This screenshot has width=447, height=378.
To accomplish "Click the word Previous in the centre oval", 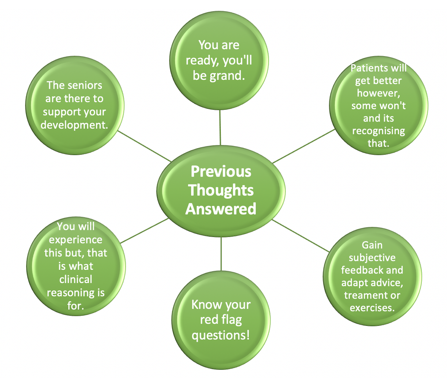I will (221, 171).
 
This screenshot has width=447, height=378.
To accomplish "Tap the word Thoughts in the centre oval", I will (221, 190).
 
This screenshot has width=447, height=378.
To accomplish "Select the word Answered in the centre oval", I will (221, 209).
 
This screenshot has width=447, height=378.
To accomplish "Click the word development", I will (74, 125).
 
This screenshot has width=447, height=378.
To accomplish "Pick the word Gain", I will (372, 245).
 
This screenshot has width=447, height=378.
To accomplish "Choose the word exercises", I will (372, 308).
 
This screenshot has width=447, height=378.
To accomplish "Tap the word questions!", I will (221, 335).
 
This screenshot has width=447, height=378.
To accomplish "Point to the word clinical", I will (76, 279).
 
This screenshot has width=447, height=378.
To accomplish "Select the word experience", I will (76, 240).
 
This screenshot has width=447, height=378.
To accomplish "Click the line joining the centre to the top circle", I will (220, 127).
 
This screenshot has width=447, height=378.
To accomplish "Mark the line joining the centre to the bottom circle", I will (221, 254).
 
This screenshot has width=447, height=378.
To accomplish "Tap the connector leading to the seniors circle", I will (144, 146).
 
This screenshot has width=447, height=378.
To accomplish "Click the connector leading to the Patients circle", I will (304, 146).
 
